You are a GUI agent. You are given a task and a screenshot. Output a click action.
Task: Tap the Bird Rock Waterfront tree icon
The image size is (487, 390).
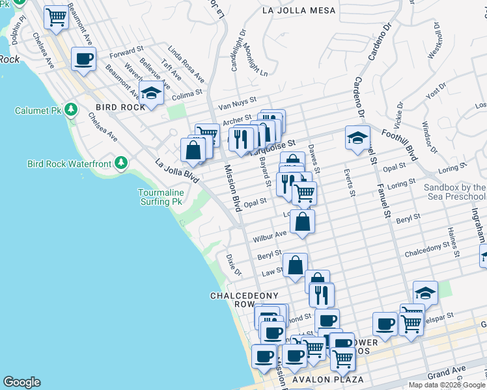(x=121, y=162)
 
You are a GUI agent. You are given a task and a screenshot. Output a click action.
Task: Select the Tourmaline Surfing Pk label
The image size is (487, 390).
(x=160, y=197)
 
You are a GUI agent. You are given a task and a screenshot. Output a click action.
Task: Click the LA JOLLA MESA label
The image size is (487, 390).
(x=299, y=10)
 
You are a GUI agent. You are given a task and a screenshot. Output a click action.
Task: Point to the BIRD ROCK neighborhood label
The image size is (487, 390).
(x=120, y=107)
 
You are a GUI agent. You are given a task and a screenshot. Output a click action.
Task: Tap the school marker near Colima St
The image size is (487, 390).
(x=151, y=94)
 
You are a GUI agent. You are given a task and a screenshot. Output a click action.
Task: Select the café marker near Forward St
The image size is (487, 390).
(x=83, y=59)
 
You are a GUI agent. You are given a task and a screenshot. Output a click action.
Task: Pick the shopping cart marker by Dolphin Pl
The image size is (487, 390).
(x=57, y=18)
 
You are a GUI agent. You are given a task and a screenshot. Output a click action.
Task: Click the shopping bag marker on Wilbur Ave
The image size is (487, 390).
(x=303, y=222)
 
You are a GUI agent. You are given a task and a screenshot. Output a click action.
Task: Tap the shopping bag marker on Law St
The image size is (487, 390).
(x=295, y=266)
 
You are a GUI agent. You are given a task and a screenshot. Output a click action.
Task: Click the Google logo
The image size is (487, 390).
(x=21, y=382)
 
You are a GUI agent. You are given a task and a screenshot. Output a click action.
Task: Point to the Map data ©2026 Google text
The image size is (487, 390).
(x=447, y=385)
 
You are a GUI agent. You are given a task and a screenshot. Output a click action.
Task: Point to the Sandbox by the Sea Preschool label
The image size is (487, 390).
(x=454, y=192)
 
